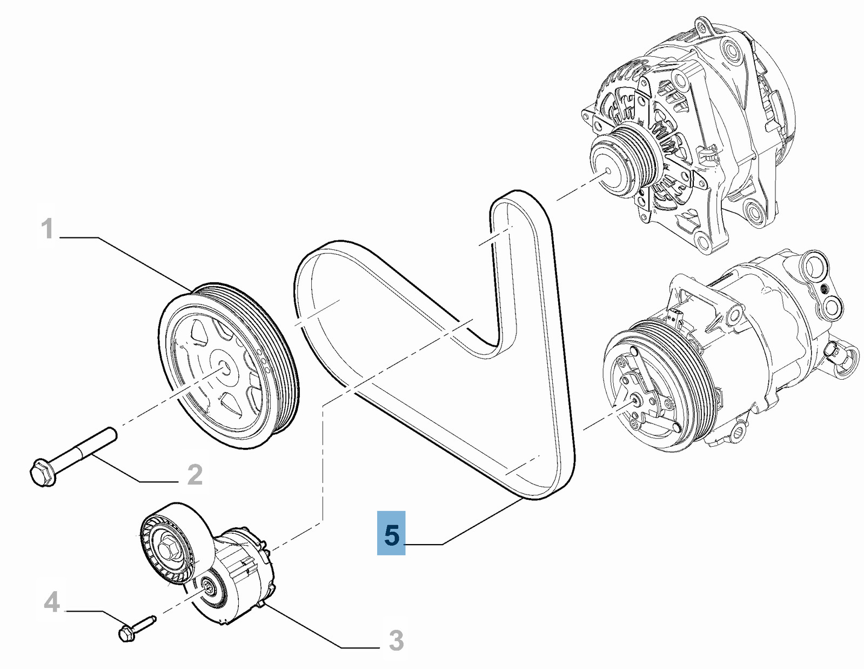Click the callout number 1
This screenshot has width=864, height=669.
[x=48, y=229]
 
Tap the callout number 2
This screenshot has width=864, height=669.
[x=195, y=474]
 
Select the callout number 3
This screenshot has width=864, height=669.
[x=396, y=641]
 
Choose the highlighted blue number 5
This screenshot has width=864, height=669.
[x=391, y=535]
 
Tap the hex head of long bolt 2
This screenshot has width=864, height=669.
[x=42, y=472]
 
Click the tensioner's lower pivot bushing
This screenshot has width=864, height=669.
[x=208, y=587]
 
